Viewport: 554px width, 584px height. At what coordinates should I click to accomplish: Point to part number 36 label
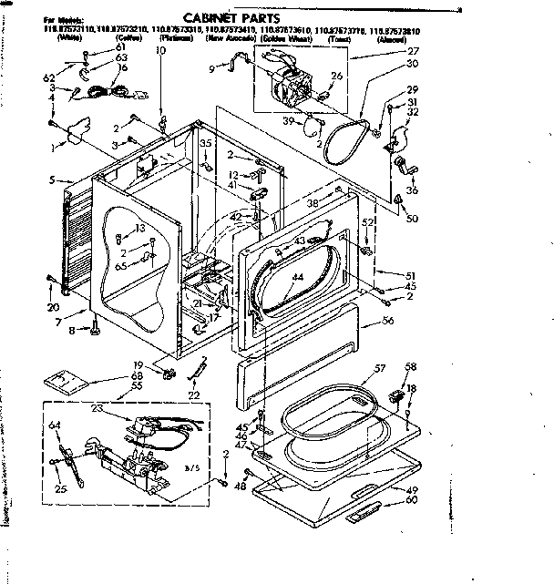413,190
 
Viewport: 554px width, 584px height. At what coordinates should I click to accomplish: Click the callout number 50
413,219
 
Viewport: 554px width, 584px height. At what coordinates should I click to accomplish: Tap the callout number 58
411,366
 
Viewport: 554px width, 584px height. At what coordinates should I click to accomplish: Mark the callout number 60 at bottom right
412,499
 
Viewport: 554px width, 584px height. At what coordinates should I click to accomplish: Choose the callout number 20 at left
54,307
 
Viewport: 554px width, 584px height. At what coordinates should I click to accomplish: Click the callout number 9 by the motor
210,69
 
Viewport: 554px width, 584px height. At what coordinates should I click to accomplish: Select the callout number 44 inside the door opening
296,276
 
